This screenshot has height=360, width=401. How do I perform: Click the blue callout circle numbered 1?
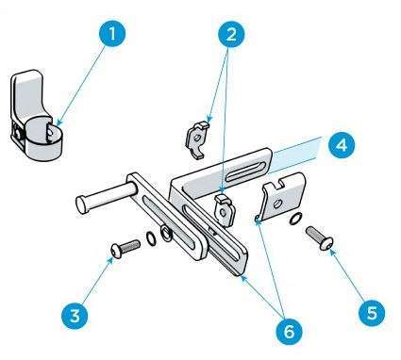pyautogui.click(x=112, y=33)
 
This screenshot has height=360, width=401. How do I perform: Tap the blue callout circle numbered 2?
pyautogui.click(x=231, y=34)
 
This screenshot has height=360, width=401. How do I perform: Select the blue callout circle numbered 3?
pyautogui.click(x=75, y=316)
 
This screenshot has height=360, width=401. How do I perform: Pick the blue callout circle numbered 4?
pyautogui.click(x=342, y=145)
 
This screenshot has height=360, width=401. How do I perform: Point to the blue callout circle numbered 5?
pyautogui.click(x=371, y=313)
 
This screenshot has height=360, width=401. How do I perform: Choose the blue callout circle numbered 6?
pyautogui.click(x=289, y=331)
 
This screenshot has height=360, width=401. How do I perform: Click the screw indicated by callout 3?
pyautogui.click(x=125, y=249)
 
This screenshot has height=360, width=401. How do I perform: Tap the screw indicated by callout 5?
pyautogui.click(x=319, y=238)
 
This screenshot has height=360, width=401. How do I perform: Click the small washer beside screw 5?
pyautogui.click(x=295, y=219)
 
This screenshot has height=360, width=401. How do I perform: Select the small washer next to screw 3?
pyautogui.click(x=152, y=237)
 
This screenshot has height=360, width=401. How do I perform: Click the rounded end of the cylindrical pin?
pyautogui.click(x=82, y=205)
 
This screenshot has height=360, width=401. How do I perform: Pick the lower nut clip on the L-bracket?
pyautogui.click(x=225, y=210)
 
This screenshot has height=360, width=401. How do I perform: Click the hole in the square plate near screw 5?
pyautogui.click(x=277, y=205)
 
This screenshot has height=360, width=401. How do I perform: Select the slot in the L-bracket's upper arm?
pyautogui.click(x=244, y=172)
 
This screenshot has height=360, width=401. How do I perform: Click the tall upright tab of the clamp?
pyautogui.click(x=27, y=94)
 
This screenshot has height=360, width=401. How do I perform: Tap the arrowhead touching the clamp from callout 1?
pyautogui.click(x=59, y=123)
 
